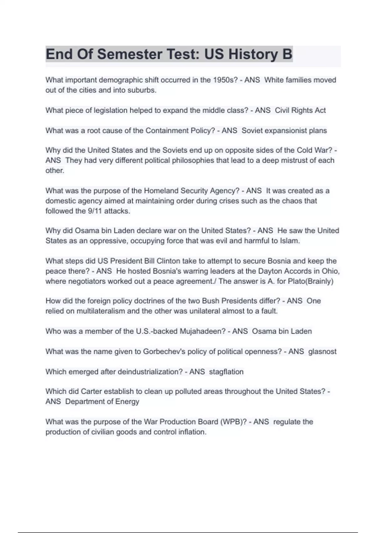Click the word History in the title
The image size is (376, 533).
[253, 54]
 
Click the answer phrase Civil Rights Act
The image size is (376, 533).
[300, 110]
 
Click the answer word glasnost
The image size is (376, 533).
[322, 351]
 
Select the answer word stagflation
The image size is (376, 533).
[226, 372]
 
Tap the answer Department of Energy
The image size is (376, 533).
[102, 401]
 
